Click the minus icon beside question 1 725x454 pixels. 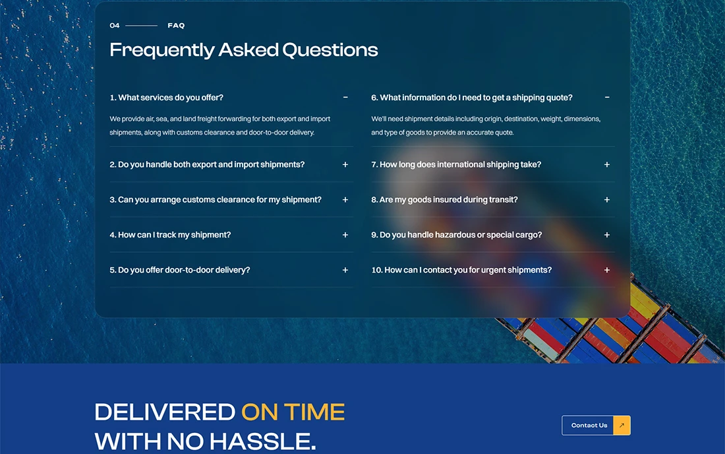click(x=345, y=97)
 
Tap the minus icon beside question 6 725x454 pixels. click(x=607, y=97)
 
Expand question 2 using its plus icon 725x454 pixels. click(x=345, y=164)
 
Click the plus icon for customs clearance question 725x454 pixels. click(x=345, y=199)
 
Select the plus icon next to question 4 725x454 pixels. click(x=345, y=235)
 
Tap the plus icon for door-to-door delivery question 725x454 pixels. click(x=345, y=270)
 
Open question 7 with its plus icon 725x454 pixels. click(x=607, y=164)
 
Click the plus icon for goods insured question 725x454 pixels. click(x=607, y=199)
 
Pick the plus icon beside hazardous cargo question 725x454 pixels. click(x=607, y=235)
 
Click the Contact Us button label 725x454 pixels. click(x=589, y=426)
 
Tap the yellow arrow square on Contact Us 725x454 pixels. click(x=622, y=426)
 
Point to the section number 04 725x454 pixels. click(x=115, y=26)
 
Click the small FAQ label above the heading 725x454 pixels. click(x=176, y=26)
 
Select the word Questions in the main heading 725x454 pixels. click(x=330, y=50)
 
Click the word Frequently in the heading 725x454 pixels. click(x=162, y=50)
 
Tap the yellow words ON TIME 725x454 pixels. click(x=293, y=412)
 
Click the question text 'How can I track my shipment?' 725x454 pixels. click(x=170, y=235)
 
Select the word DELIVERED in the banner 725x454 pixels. click(x=165, y=412)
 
